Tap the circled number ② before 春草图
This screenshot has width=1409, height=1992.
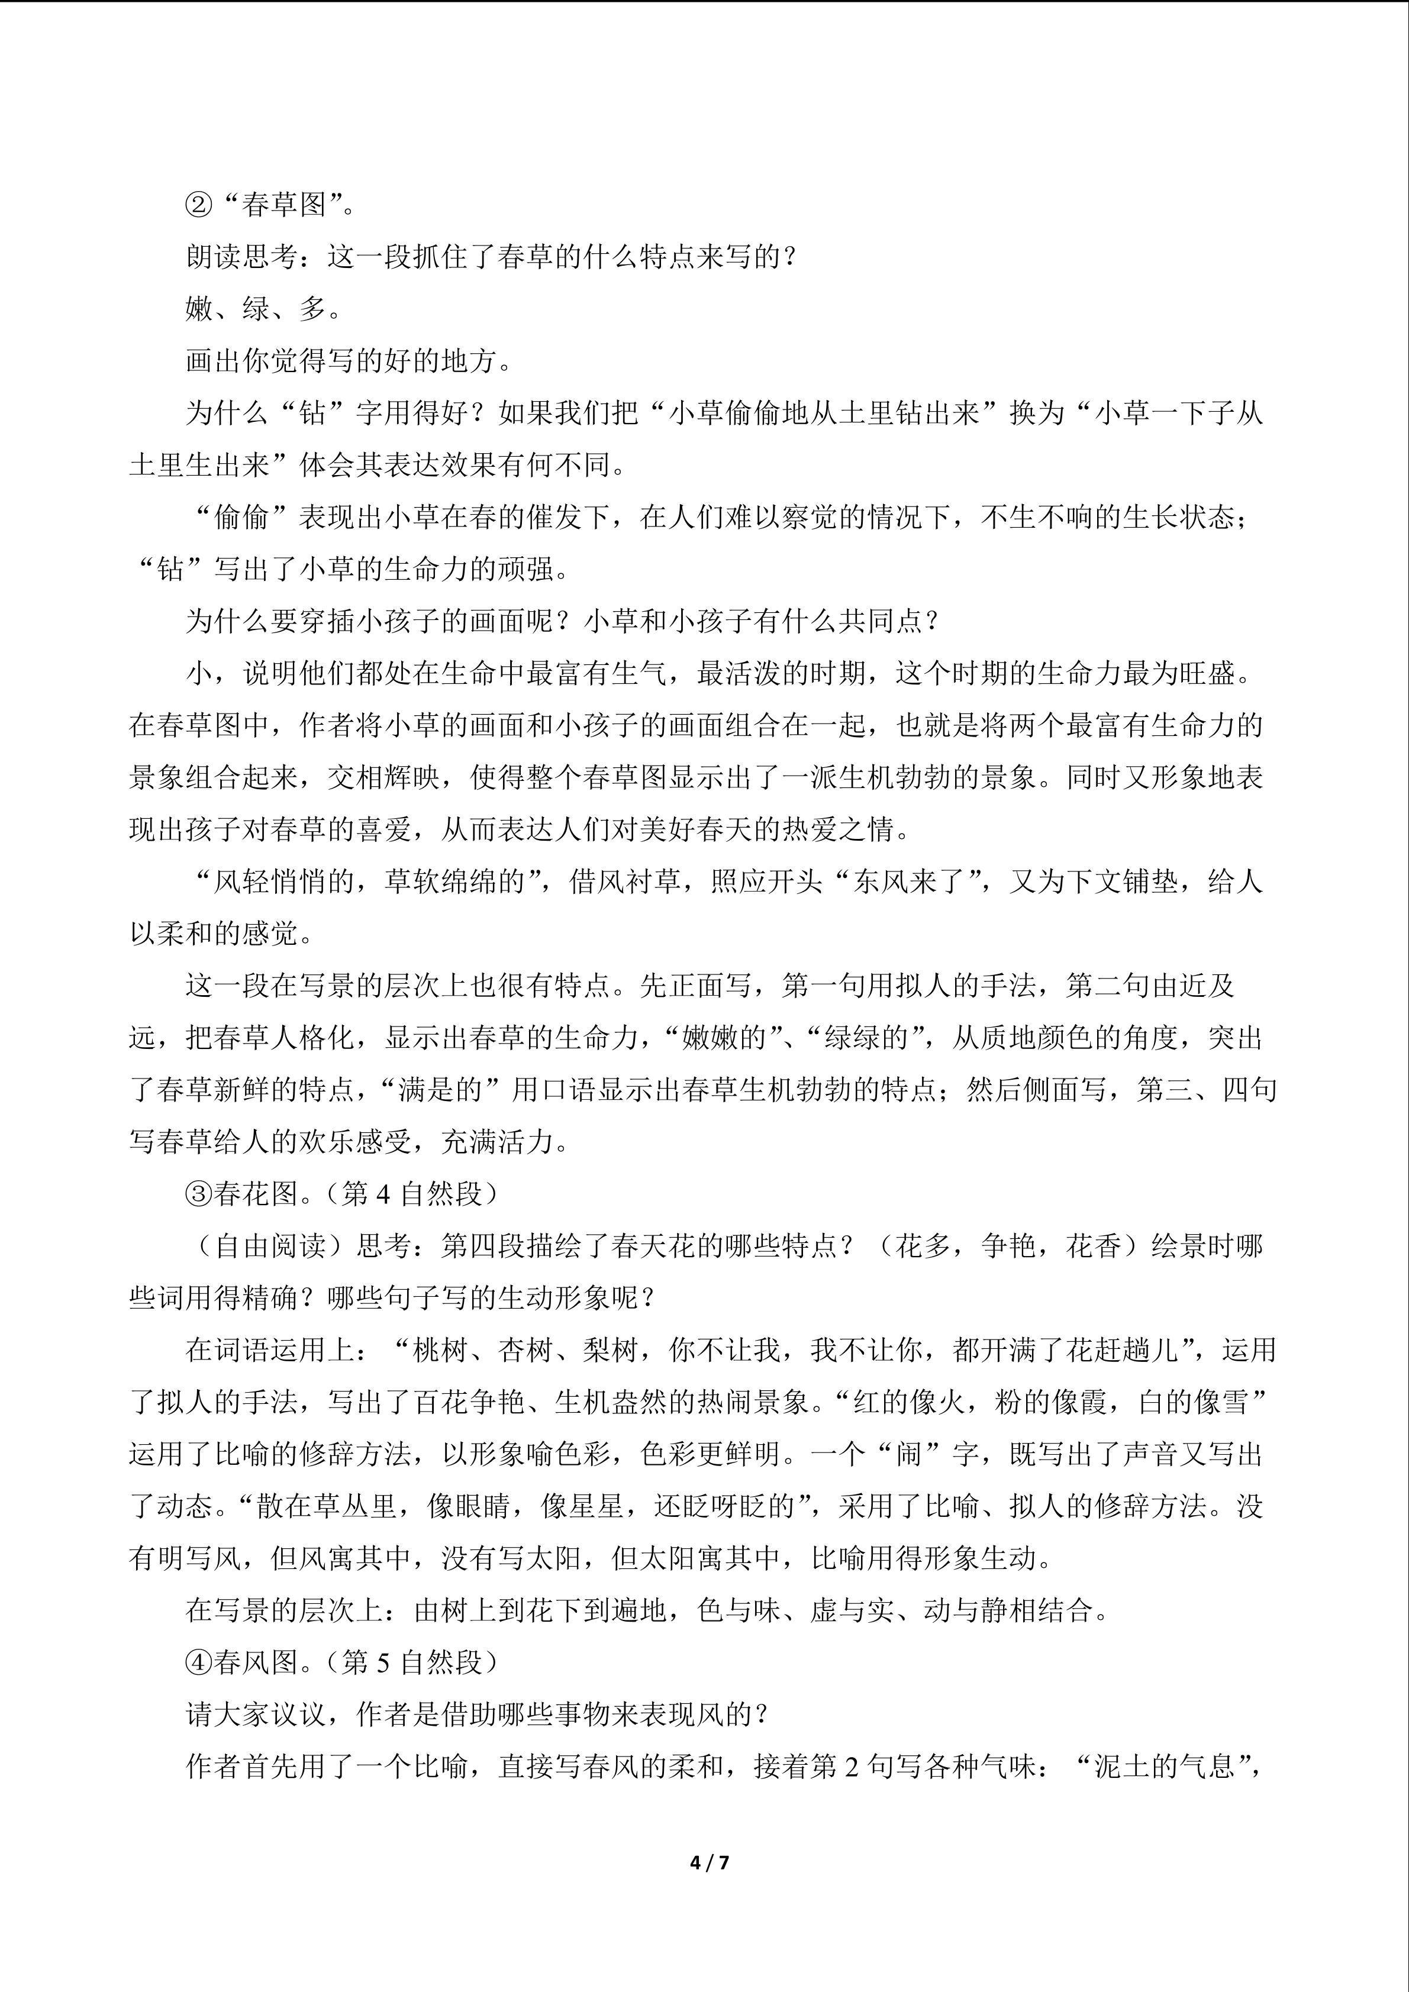pos(199,205)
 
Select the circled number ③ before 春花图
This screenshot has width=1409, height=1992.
pos(199,1194)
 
